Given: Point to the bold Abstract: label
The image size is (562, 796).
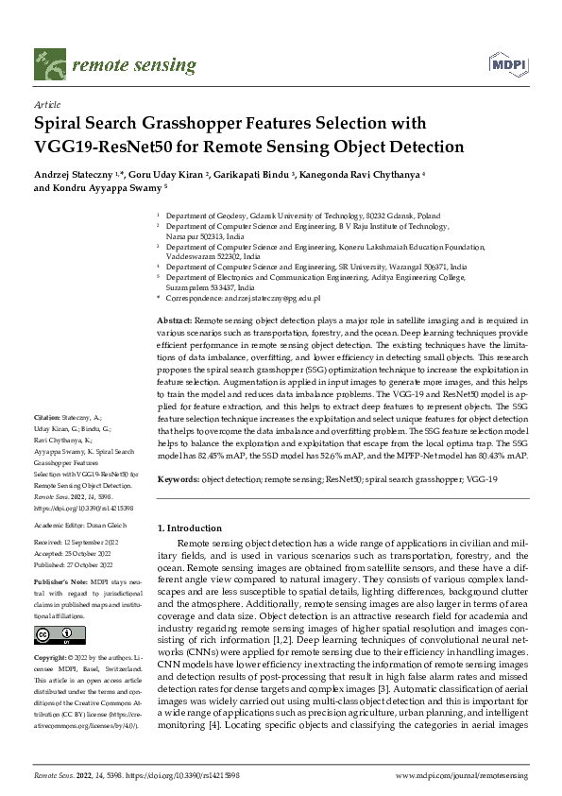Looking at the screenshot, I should tap(174, 322).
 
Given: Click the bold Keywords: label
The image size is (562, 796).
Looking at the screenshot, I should tap(178, 481).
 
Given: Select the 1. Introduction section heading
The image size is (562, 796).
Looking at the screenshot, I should tap(189, 528).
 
